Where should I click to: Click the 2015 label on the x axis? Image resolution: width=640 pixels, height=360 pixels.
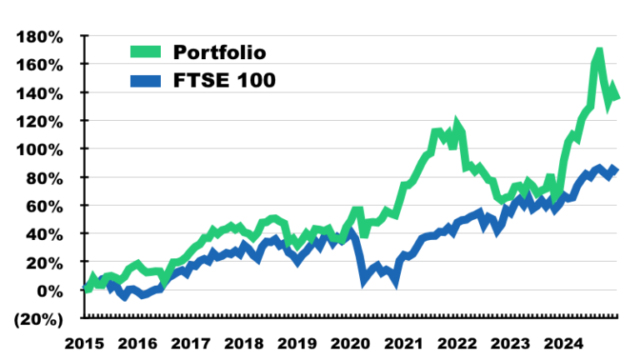pyautogui.click(x=85, y=342)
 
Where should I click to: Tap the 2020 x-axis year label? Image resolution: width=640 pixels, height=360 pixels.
pyautogui.click(x=351, y=342)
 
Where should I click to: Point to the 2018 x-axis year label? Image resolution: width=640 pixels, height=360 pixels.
pyautogui.click(x=244, y=342)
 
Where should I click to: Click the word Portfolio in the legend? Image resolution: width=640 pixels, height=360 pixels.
pyautogui.click(x=219, y=52)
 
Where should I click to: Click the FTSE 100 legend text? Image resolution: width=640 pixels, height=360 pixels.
pyautogui.click(x=222, y=80)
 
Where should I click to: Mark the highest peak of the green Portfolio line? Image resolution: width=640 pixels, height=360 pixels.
pyautogui.click(x=598, y=54)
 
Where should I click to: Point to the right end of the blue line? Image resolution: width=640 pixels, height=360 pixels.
pyautogui.click(x=616, y=169)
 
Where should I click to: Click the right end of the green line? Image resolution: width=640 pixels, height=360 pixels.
pyautogui.click(x=617, y=97)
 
